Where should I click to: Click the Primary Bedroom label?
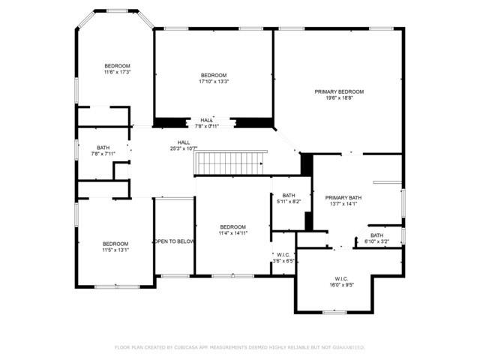coord(339,91)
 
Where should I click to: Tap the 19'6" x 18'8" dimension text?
coord(339,98)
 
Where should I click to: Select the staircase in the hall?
coord(231,161)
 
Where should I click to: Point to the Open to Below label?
coord(174,241)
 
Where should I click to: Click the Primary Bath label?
coord(345,198)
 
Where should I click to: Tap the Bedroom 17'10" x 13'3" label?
coord(214,76)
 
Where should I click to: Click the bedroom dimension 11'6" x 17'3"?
coord(117,73)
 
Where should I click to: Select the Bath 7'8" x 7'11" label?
coord(103,148)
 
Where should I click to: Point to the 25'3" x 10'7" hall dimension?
coord(184,148)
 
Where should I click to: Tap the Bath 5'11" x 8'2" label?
coord(289,195)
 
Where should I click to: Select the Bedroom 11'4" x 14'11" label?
coord(232,226)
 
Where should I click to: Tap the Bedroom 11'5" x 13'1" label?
coord(115,244)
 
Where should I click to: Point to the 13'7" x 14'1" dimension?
coord(345,204)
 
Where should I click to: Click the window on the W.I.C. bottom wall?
coord(334,311)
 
